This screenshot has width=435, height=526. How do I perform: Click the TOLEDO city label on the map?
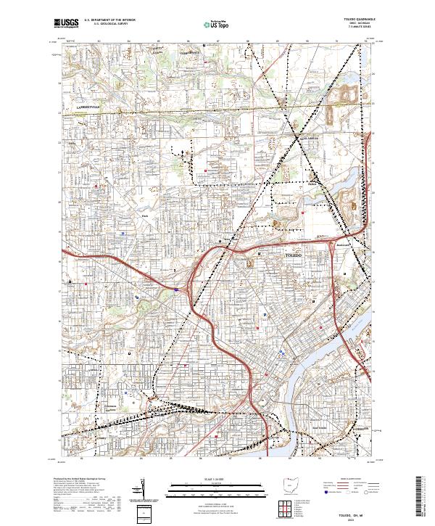coord(293,255)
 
